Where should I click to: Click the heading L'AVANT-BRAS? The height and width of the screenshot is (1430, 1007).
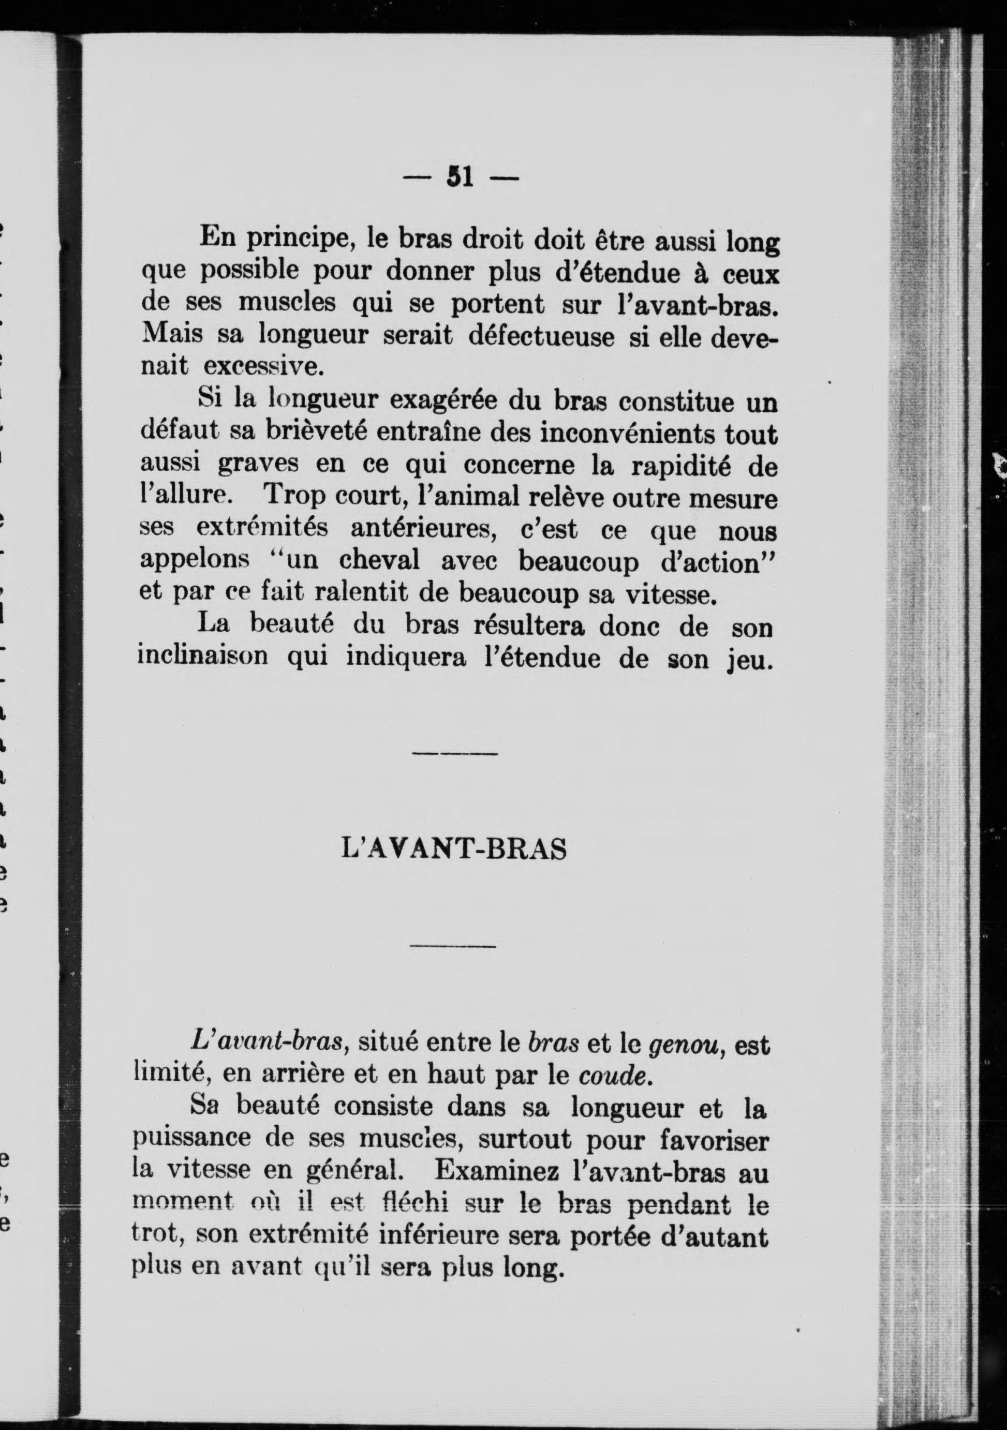[455, 850]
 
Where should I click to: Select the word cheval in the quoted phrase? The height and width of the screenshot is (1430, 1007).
[379, 562]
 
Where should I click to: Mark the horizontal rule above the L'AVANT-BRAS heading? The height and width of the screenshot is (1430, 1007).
[455, 754]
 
